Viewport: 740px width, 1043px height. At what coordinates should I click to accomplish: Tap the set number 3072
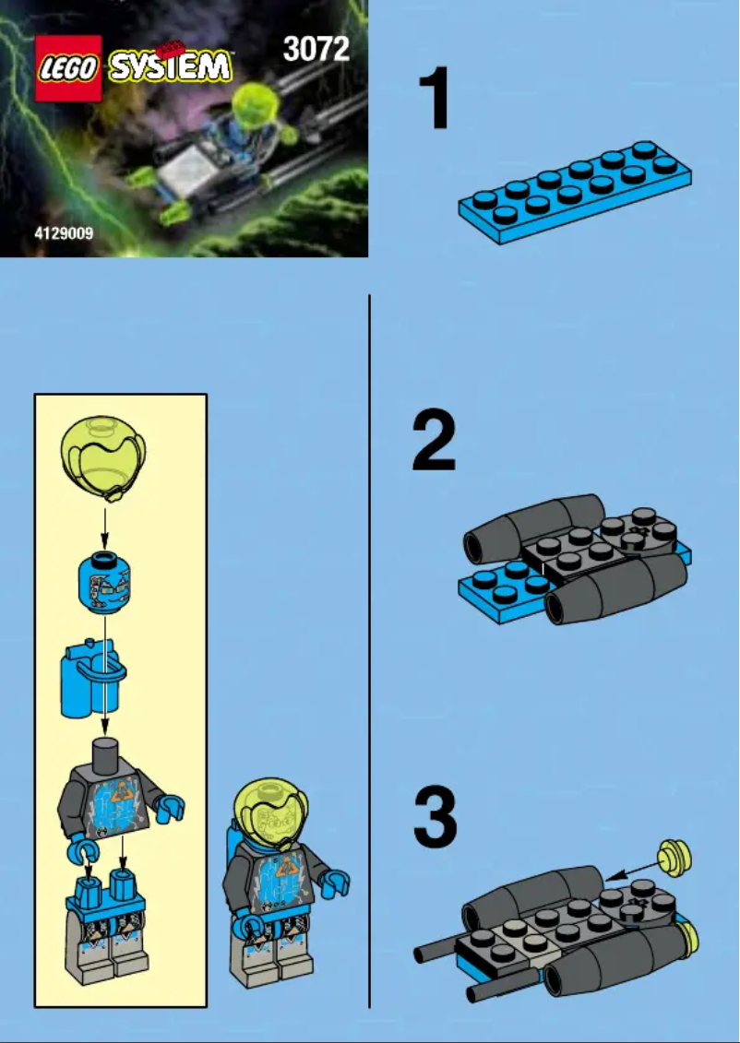click(x=316, y=48)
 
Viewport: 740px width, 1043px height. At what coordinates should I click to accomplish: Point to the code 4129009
click(x=64, y=234)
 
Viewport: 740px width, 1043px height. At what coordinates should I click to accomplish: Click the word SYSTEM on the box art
click(x=171, y=66)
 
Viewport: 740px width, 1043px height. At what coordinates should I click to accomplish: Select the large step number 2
click(x=435, y=443)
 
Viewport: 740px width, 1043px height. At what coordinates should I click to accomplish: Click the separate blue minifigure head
click(x=103, y=582)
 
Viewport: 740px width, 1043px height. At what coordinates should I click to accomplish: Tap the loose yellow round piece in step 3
click(x=674, y=859)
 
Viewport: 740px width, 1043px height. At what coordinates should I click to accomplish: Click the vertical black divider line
click(x=370, y=646)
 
